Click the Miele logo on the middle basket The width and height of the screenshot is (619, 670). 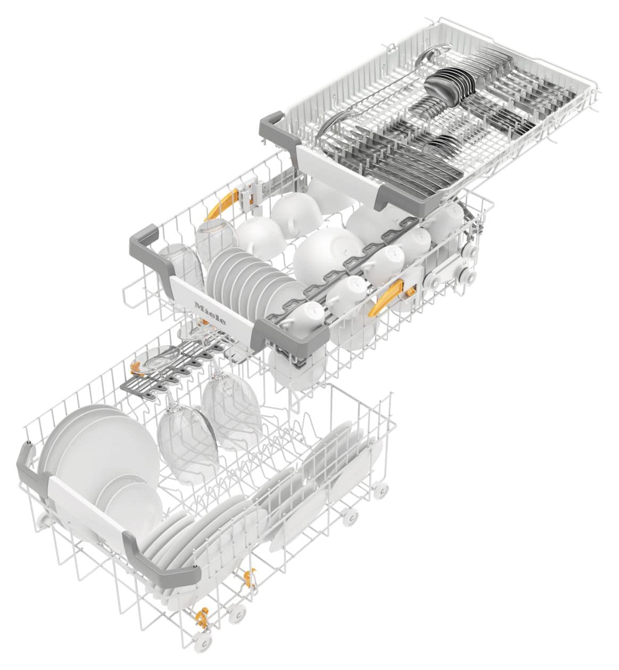[x=210, y=313]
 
